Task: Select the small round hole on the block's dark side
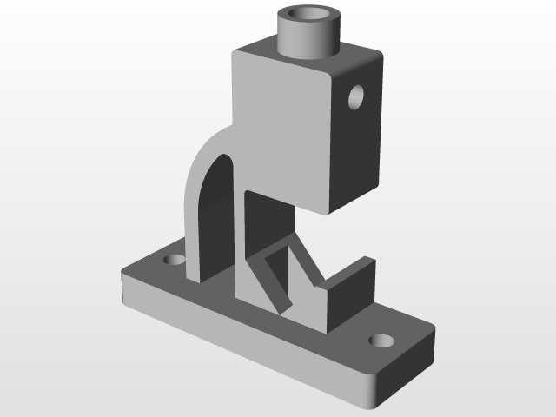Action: coord(356,96)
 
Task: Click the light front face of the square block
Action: coord(282,122)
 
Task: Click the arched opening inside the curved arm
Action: coord(217,217)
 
